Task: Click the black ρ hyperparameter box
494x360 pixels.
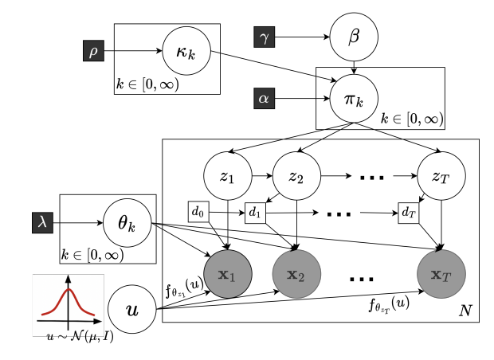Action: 93,52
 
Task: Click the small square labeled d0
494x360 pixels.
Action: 199,213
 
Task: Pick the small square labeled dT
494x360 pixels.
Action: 409,213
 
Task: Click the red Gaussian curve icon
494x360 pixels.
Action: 68,303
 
